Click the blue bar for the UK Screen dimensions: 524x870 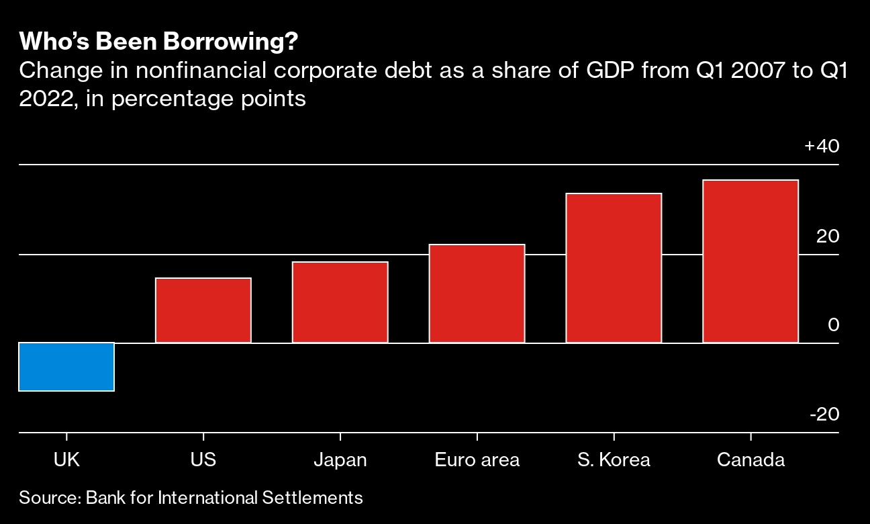[x=66, y=367]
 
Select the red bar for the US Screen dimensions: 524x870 [x=203, y=310]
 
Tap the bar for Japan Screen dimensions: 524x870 [x=340, y=302]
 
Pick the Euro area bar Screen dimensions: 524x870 [x=477, y=294]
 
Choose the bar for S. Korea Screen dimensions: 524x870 [x=614, y=268]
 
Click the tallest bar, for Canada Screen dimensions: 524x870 [x=751, y=261]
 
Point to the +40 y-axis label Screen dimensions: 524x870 [x=822, y=146]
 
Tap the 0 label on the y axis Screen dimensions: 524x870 [x=834, y=325]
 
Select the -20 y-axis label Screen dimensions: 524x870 [x=824, y=414]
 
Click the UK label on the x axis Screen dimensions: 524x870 [x=66, y=460]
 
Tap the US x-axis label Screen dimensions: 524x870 [x=203, y=460]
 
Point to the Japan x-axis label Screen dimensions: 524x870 [x=340, y=460]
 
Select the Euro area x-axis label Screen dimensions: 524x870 [x=477, y=460]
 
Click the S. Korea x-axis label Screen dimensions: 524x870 [x=614, y=460]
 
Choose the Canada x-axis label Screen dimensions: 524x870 [x=751, y=460]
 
